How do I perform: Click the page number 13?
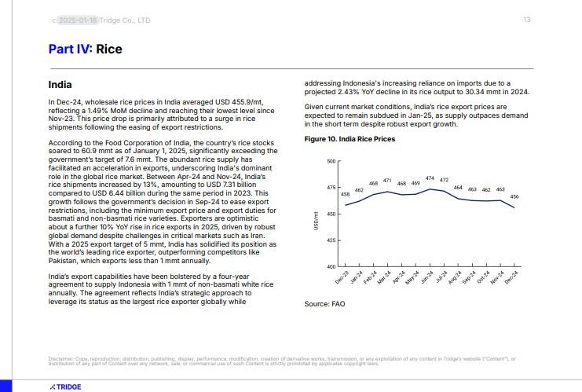pyautogui.click(x=527, y=20)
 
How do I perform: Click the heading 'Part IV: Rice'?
pyautogui.click(x=85, y=49)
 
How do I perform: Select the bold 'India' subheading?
pyautogui.click(x=60, y=84)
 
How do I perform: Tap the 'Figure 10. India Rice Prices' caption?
pyautogui.click(x=350, y=139)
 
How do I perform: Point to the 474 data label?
pyautogui.click(x=430, y=178)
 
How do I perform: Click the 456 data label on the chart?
pyautogui.click(x=514, y=196)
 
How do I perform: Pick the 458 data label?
pyautogui.click(x=345, y=194)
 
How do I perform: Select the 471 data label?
pyautogui.click(x=387, y=181)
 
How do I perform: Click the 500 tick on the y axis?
pyautogui.click(x=331, y=162)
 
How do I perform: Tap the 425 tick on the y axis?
pyautogui.click(x=331, y=240)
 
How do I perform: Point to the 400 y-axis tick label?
pyautogui.click(x=331, y=266)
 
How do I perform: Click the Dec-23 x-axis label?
pyautogui.click(x=342, y=278)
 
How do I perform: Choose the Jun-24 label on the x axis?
pyautogui.click(x=426, y=278)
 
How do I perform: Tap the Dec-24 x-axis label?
pyautogui.click(x=511, y=278)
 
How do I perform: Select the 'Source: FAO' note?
pyautogui.click(x=324, y=303)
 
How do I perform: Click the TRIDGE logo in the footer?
pyautogui.click(x=65, y=387)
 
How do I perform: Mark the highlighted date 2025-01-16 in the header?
pyautogui.click(x=77, y=20)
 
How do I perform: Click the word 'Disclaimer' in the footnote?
pyautogui.click(x=61, y=359)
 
